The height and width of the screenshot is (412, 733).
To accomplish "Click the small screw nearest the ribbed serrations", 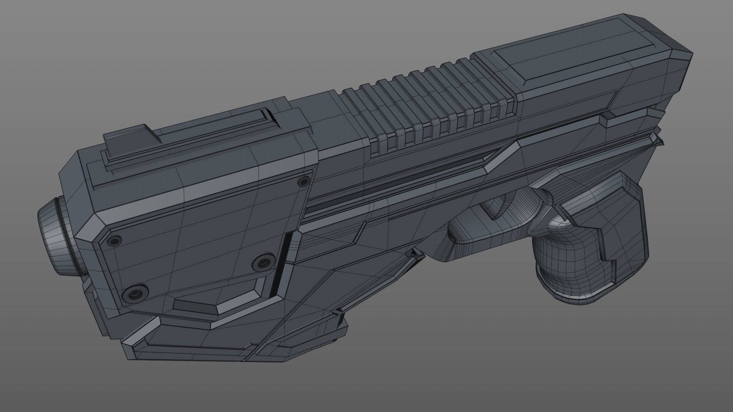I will coord(304,181).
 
